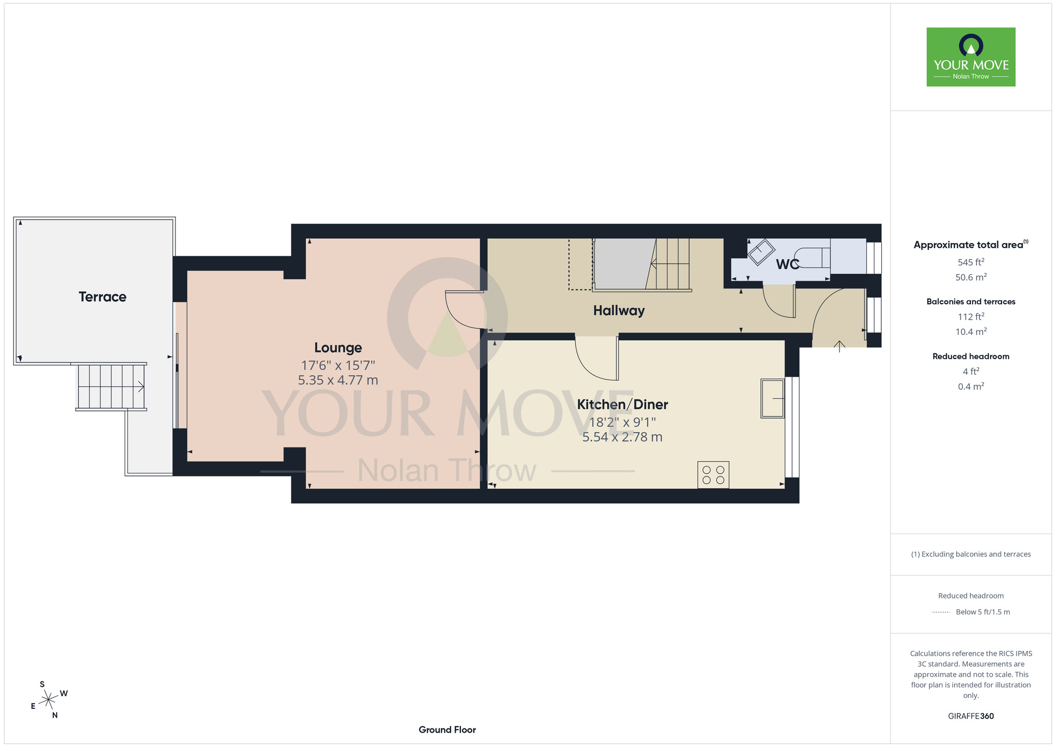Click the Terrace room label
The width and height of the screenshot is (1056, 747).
(102, 297)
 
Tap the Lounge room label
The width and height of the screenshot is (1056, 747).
(338, 348)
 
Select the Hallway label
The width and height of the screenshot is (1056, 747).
(619, 311)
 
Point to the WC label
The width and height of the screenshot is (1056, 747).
(787, 264)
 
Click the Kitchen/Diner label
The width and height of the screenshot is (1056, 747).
(623, 405)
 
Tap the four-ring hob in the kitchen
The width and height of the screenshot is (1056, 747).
(713, 474)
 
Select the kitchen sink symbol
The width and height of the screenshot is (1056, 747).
(772, 398)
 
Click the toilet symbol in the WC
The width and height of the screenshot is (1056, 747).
(812, 258)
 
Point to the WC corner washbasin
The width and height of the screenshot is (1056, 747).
(761, 252)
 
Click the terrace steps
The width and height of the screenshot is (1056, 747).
(111, 387)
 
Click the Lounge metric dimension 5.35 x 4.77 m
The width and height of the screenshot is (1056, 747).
(338, 380)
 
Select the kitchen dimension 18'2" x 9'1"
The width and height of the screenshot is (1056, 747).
(623, 422)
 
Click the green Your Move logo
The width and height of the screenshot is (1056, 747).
(971, 57)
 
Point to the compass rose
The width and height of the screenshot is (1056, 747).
(49, 700)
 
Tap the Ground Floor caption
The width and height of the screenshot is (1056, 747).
(447, 730)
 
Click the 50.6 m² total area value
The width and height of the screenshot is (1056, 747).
(971, 277)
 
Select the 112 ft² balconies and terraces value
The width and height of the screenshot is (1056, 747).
(971, 316)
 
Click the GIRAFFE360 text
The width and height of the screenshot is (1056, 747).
(971, 716)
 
